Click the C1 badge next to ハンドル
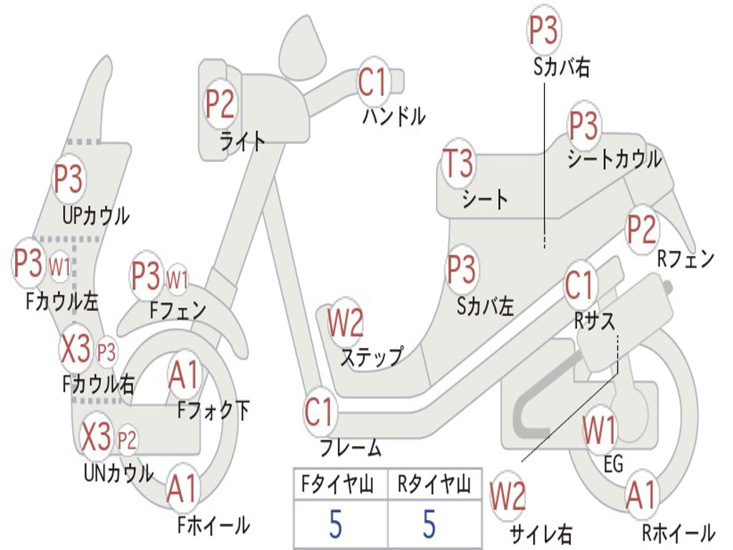(372, 82)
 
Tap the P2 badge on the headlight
(220, 105)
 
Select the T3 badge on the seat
(458, 164)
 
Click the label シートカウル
(614, 160)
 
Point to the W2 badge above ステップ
(346, 323)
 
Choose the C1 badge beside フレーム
(319, 412)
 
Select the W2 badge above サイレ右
(508, 497)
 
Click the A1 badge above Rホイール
(640, 496)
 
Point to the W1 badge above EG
(599, 431)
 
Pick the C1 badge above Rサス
(580, 286)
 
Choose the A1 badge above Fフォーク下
(185, 376)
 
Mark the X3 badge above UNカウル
(97, 437)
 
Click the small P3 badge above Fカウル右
(107, 352)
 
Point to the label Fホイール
(213, 525)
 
